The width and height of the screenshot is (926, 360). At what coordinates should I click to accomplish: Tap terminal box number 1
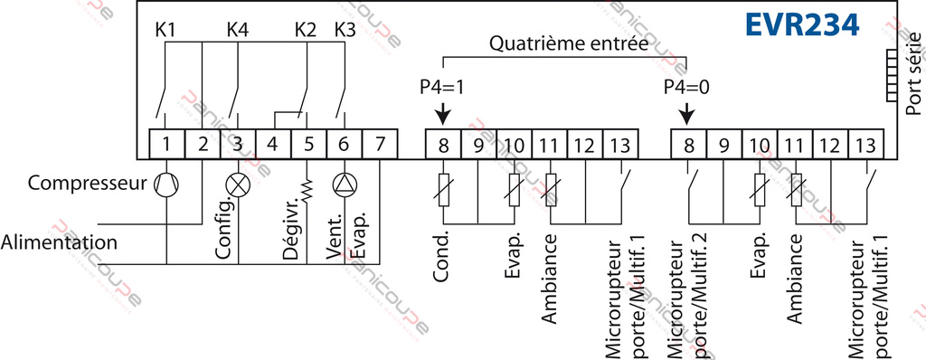point(167,143)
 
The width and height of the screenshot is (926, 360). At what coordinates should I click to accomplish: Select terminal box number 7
point(379,143)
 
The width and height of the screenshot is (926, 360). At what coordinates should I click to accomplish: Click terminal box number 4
point(273,143)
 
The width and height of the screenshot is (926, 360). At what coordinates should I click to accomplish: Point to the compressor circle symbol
point(167,184)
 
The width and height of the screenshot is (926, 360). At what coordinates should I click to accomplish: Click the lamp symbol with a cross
point(239,184)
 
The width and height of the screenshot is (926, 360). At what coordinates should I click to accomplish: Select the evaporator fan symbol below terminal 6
point(345,184)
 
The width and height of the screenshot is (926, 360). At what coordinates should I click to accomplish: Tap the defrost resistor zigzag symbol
point(308,191)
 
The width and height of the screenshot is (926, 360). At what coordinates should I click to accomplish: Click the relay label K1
point(165,28)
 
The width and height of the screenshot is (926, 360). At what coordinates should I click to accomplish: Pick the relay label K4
point(238,28)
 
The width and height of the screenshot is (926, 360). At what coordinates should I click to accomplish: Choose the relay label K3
point(345,28)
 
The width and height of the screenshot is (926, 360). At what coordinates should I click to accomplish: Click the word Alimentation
point(59,242)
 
